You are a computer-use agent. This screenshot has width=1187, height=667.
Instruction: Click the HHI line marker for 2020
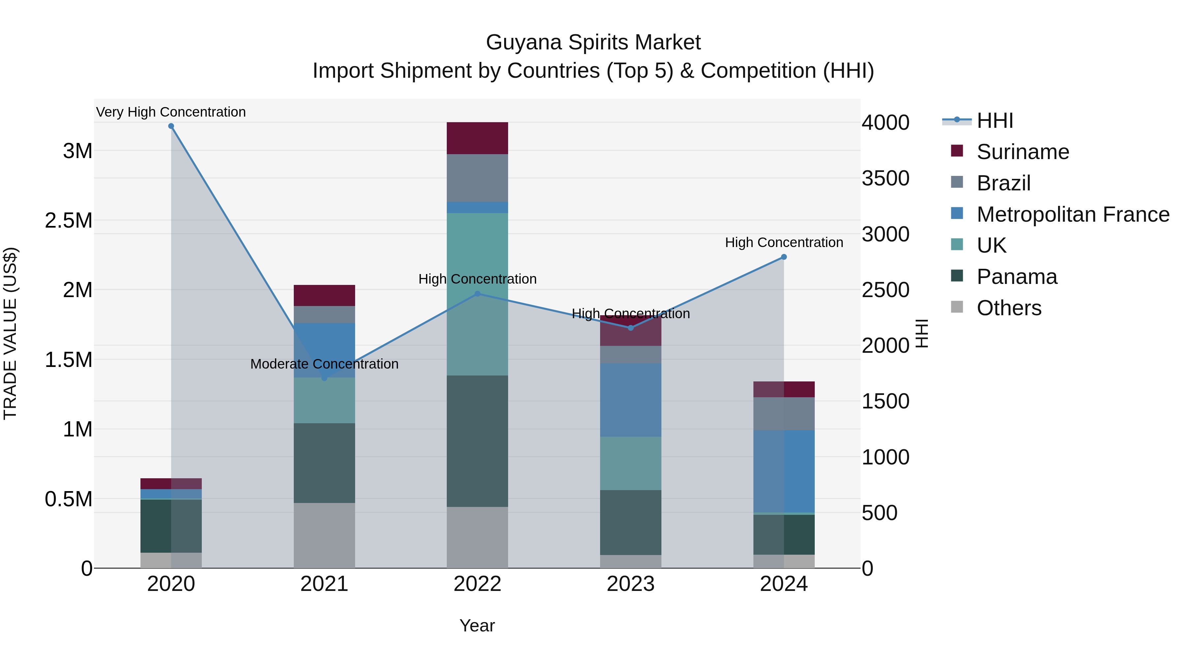coord(171,126)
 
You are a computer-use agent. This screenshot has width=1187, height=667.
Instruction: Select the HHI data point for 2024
coord(784,257)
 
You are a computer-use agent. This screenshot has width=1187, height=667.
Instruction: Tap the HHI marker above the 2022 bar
coord(477,294)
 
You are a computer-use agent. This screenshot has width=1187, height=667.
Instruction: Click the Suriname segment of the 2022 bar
coord(477,138)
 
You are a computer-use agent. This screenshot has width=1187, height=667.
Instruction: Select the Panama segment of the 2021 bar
coord(324,463)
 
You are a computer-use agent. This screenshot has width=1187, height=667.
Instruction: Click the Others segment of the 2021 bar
coord(324,535)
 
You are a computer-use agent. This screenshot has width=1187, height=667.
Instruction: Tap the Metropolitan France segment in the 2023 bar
coord(630,400)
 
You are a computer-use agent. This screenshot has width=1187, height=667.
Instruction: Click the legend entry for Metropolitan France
coord(1073,214)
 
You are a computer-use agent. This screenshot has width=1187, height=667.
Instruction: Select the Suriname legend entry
coord(1022,152)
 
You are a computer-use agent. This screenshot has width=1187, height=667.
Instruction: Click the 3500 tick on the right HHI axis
coord(885,179)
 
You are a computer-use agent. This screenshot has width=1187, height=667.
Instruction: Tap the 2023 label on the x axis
coord(630,584)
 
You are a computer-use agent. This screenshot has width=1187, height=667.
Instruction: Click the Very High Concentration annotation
coord(171,112)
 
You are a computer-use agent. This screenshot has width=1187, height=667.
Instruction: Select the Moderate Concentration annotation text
coord(324,364)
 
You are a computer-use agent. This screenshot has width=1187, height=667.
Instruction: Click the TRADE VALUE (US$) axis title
coord(10,333)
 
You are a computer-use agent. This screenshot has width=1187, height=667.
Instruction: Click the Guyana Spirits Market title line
coord(593,42)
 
